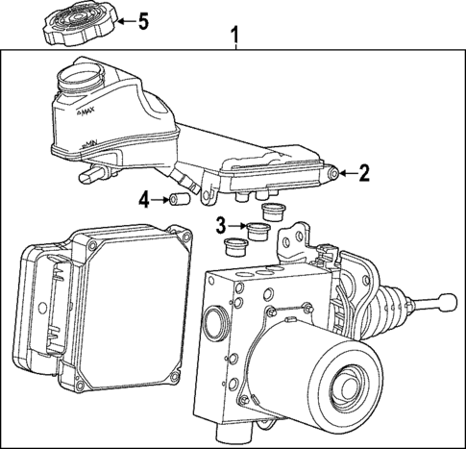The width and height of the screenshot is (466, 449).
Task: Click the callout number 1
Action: point(233,37)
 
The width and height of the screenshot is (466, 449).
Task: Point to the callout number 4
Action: point(143,200)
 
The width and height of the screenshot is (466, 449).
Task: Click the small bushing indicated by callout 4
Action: point(177,200)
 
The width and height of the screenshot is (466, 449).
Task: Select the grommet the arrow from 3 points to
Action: point(257,230)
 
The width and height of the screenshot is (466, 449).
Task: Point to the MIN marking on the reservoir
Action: point(89,144)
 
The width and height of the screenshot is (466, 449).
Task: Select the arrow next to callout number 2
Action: point(348,173)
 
